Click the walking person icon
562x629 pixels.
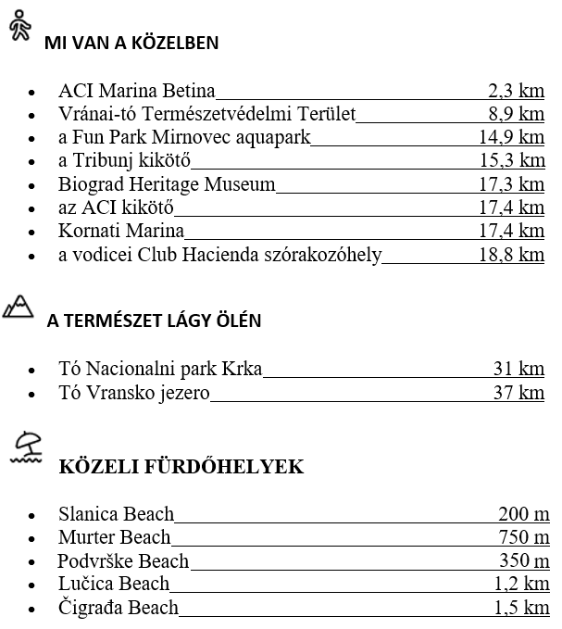[x=19, y=28]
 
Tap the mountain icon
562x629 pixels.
[x=19, y=306]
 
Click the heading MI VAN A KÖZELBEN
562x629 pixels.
[x=131, y=43]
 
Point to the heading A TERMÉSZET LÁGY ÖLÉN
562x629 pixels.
[x=154, y=321]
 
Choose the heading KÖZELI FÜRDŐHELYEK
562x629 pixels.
[x=181, y=467]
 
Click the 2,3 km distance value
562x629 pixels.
[x=516, y=91]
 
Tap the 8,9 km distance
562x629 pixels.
[x=516, y=114]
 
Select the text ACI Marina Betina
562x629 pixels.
[x=136, y=91]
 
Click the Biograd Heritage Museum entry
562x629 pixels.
[x=167, y=184]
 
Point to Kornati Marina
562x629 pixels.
[x=121, y=231]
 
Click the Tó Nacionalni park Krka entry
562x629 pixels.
[x=160, y=370]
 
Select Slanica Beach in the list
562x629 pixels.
[x=116, y=514]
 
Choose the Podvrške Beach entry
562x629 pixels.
[x=123, y=561]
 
